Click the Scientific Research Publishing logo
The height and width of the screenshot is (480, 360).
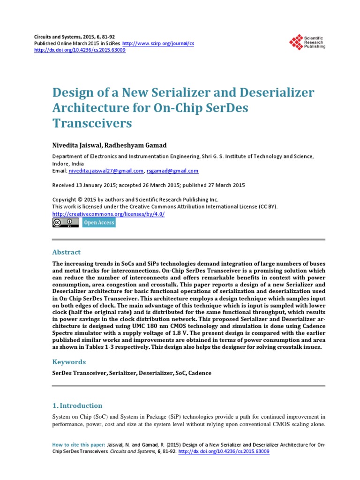[307, 43]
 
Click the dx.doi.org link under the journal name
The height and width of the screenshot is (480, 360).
[80, 50]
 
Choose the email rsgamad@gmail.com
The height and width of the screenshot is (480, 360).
[172, 171]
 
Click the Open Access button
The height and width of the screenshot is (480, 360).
[99, 223]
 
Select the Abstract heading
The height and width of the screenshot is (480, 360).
[66, 252]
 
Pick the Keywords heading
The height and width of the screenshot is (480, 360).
[69, 361]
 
